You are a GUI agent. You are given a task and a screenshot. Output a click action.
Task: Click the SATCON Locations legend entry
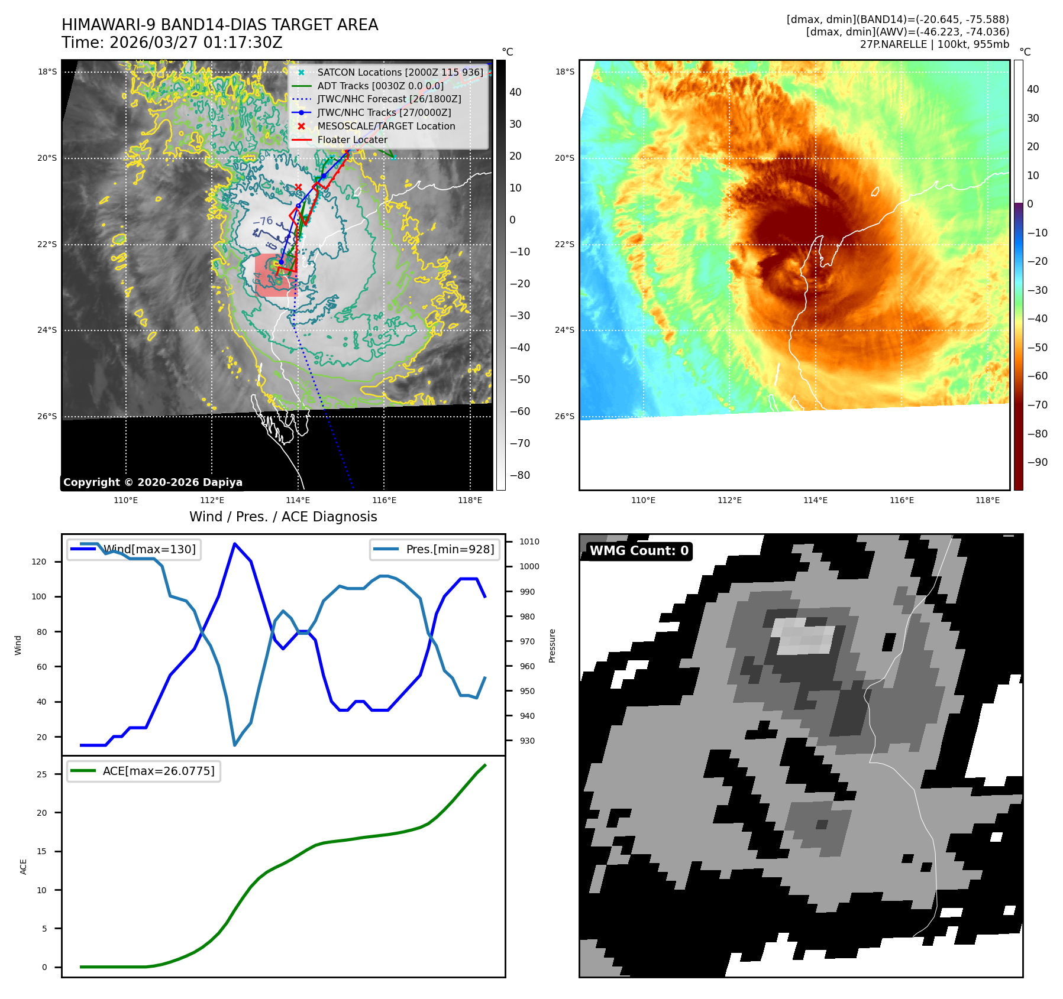point(400,72)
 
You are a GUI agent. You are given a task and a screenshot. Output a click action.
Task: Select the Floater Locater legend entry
point(352,140)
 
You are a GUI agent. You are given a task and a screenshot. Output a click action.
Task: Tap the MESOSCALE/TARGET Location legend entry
point(386,127)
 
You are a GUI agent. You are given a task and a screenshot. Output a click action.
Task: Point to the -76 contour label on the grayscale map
point(263,221)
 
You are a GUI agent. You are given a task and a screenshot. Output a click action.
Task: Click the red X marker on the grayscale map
point(298,187)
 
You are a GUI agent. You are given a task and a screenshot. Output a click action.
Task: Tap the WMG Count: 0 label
point(639,551)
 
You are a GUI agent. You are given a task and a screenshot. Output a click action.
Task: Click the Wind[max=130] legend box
point(134,549)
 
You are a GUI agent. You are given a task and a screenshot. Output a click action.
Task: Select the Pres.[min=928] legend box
point(435,549)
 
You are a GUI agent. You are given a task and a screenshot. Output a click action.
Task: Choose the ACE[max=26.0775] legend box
point(144,771)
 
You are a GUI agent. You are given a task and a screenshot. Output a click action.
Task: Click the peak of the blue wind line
point(235,544)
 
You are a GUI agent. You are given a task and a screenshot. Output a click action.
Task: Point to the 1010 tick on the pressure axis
point(529,541)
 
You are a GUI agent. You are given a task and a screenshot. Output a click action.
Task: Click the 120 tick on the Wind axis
point(39,562)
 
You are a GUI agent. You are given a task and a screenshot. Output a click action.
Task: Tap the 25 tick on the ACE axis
point(41,774)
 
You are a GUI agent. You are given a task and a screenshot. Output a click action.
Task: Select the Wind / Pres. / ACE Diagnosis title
point(283,517)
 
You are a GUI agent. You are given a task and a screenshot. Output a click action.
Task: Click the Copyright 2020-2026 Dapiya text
point(153,482)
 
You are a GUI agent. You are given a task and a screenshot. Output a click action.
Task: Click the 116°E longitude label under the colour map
point(902,500)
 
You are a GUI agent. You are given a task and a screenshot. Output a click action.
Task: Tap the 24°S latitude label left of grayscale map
point(47,330)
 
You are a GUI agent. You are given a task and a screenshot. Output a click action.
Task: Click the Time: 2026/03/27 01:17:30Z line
point(172,43)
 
